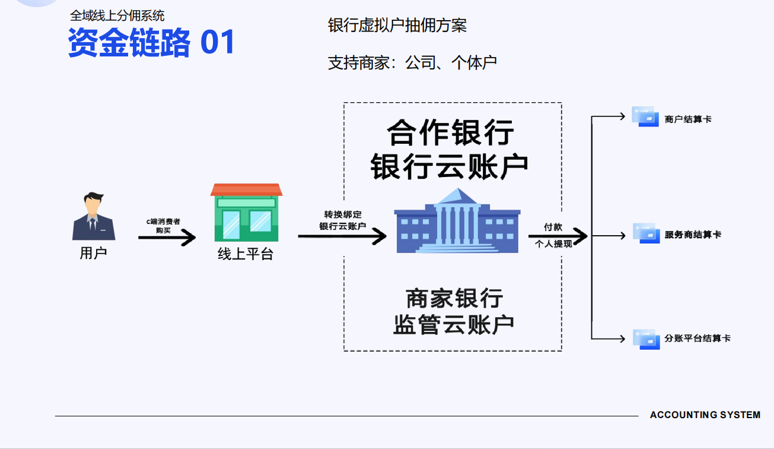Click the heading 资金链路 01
coord(152,42)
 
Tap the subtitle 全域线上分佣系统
coord(117,16)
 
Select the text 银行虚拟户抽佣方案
coord(397,25)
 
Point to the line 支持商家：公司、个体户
coord(412,62)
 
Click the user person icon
coord(93,216)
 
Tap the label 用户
coord(93,253)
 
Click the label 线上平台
coord(246,255)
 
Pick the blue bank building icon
coord(457,220)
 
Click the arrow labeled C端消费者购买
coord(167,238)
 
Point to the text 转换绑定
coord(342,214)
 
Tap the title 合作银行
coord(451,132)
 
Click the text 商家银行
coord(454,298)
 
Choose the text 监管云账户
coord(453,324)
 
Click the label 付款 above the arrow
coord(553,227)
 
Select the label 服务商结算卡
coord(693,235)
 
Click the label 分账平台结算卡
coord(697,339)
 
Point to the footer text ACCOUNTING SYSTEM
coord(705,415)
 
